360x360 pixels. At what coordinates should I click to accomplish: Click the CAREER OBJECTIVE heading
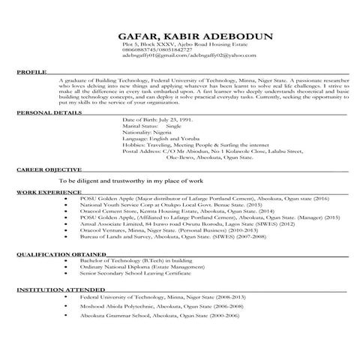[x=47, y=191]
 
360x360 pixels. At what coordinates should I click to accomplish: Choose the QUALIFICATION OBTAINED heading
[x=56, y=254]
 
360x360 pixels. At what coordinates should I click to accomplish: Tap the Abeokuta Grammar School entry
[x=157, y=318]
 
